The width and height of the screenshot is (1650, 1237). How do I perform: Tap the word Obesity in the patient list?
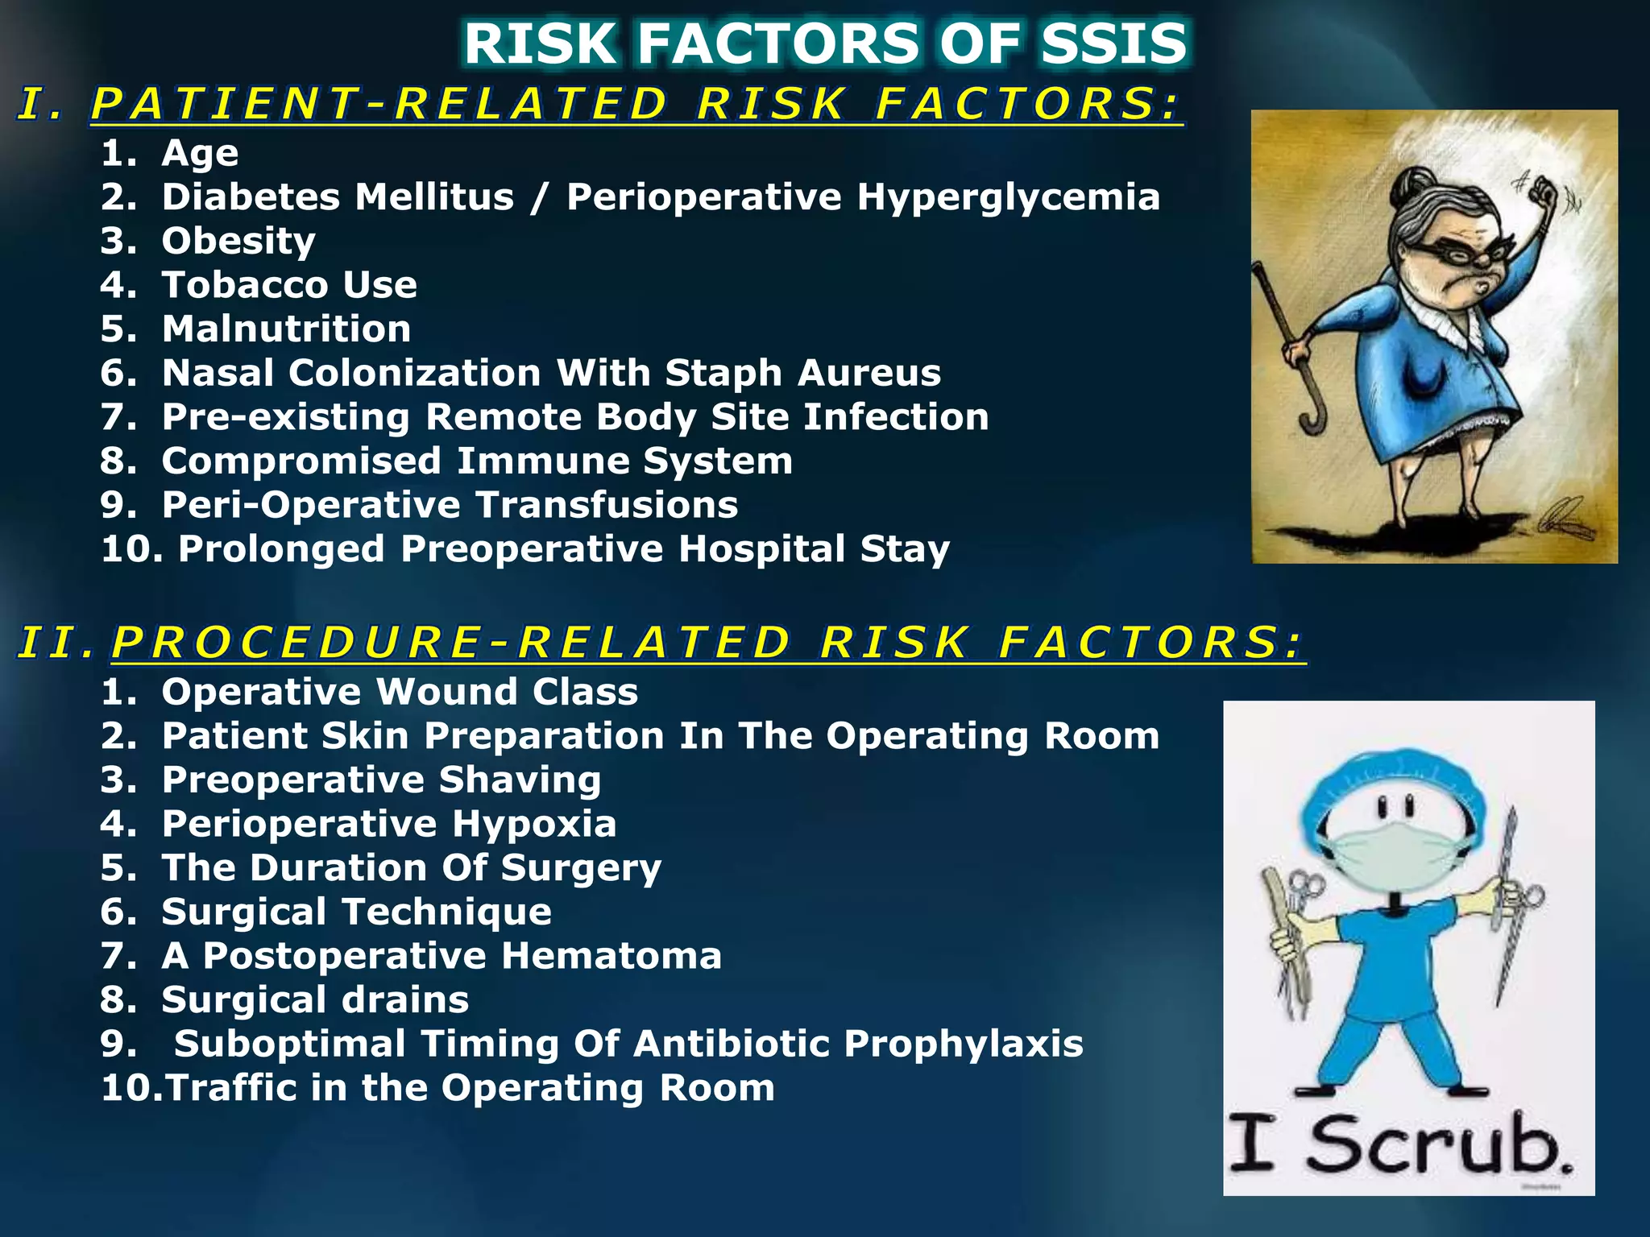pyautogui.click(x=238, y=242)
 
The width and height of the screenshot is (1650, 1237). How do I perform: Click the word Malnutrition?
pyautogui.click(x=286, y=329)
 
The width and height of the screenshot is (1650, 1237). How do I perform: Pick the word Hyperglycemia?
pyautogui.click(x=1008, y=198)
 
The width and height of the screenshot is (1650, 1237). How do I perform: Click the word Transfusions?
pyautogui.click(x=607, y=505)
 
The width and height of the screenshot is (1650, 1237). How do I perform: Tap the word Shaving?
pyautogui.click(x=520, y=780)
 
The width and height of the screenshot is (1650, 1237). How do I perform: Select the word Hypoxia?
pyautogui.click(x=533, y=824)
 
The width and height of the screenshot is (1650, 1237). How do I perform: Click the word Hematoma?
pyautogui.click(x=611, y=956)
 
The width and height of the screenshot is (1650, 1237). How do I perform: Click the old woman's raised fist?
pyautogui.click(x=1544, y=195)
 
